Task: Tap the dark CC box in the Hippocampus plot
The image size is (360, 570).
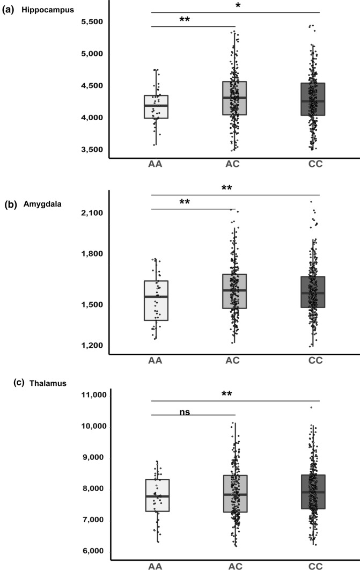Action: [x=313, y=99]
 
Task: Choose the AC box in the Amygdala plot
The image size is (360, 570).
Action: [x=234, y=291]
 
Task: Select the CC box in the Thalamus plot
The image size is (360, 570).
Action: [x=313, y=492]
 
